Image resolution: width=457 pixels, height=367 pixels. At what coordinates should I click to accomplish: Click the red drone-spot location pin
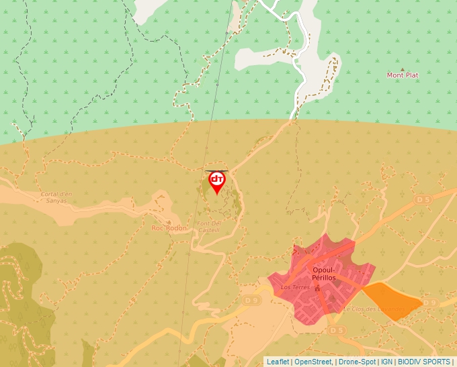pos(216,181)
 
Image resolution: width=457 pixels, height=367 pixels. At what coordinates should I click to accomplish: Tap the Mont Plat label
pos(402,75)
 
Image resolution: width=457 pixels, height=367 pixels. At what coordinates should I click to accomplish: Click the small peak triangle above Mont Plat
pos(403,68)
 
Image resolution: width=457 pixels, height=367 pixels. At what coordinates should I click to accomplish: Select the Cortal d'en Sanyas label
pos(56,197)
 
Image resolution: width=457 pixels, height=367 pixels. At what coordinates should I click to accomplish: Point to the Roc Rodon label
pos(169,228)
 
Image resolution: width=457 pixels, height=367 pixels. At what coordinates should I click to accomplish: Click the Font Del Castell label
pos(208,226)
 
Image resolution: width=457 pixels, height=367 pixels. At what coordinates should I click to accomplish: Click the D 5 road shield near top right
pos(422,199)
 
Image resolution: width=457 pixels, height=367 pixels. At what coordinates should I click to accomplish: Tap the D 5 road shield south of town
pos(337,330)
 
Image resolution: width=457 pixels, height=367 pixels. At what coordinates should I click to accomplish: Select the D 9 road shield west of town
pos(251,299)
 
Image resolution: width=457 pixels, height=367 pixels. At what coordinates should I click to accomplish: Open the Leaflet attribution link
pos(278,362)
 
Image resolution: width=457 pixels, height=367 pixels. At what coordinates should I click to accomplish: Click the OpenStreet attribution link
pos(313,362)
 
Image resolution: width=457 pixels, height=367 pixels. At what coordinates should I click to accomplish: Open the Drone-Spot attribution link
pos(357,362)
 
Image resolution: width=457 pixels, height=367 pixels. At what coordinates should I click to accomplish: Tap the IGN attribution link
pos(386,362)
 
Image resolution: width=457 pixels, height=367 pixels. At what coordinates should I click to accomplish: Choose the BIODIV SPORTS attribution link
pos(424,362)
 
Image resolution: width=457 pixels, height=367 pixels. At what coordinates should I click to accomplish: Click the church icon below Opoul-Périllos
pos(318,286)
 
